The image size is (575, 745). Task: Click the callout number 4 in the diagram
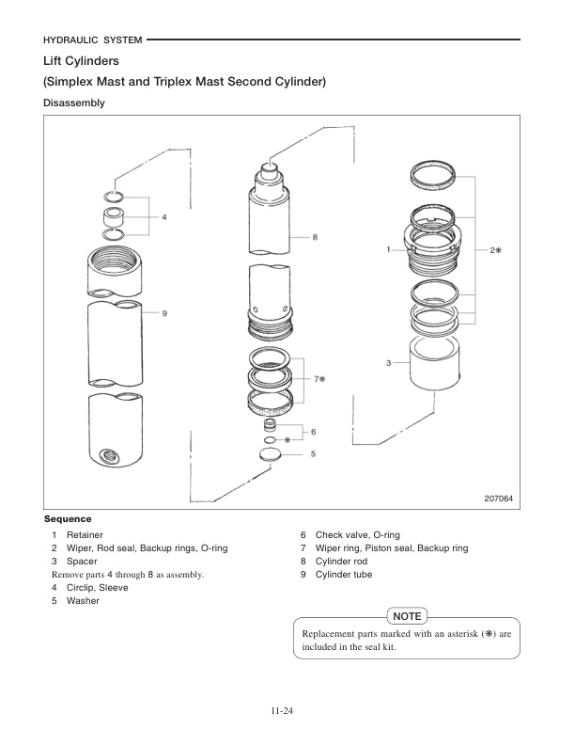(x=164, y=216)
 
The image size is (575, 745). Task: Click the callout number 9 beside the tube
(x=164, y=312)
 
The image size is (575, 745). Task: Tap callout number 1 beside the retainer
(x=388, y=250)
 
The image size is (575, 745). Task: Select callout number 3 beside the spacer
(x=388, y=362)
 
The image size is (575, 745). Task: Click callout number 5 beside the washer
(x=313, y=453)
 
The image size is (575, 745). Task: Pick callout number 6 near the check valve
(x=313, y=432)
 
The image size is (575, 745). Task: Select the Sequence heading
(x=68, y=519)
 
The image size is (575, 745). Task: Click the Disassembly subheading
(x=74, y=103)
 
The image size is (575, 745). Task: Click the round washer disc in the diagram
(x=271, y=454)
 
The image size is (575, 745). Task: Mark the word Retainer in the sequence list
(x=85, y=534)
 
